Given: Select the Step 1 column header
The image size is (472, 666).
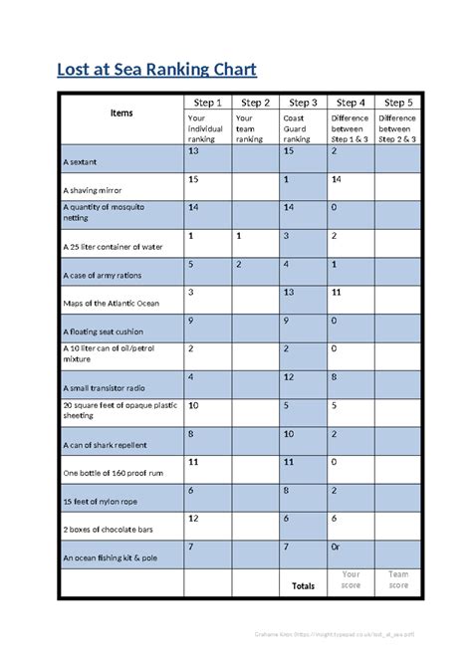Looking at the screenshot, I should coord(207,103).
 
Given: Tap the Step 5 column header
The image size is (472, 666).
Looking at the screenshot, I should coord(394,103).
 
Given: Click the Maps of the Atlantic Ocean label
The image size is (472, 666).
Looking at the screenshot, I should coord(111,303).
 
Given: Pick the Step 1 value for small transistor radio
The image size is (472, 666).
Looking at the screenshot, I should coord(191,378).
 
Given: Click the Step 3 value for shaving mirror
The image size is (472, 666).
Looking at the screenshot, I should coord(287,179).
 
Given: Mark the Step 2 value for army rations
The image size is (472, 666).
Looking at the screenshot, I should coord(239,265).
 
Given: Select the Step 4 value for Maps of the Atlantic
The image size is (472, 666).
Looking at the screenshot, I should coord(338,293).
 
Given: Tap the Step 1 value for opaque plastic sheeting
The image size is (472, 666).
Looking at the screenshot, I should coord(193,406).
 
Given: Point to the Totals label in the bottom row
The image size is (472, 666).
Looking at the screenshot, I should coord(302,586).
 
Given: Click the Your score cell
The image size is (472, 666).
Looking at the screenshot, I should coord(351,579).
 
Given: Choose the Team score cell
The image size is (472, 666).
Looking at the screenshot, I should coord(398,579).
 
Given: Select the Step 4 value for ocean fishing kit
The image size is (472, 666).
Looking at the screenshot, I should coord(337,549).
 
